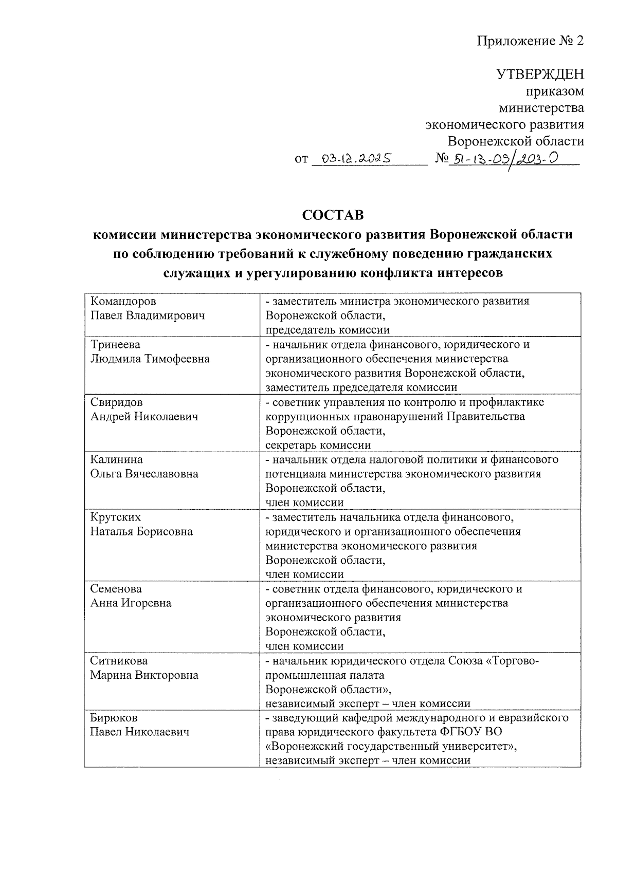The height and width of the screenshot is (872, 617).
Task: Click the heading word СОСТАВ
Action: click(333, 215)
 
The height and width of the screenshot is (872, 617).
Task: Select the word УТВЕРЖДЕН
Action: click(540, 75)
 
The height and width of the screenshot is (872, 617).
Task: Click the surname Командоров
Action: click(123, 301)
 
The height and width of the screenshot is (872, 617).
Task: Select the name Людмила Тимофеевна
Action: click(150, 359)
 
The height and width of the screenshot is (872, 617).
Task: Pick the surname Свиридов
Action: click(117, 402)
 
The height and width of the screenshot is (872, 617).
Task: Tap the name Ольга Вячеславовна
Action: click(144, 474)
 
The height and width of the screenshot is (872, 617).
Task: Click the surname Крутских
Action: click(116, 517)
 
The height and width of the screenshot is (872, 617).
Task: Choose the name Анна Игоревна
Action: click(131, 603)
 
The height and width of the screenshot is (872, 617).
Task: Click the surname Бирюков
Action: click(114, 718)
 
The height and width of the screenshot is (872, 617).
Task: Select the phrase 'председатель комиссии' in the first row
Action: click(328, 330)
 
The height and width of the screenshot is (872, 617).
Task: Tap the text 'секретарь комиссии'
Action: click(318, 445)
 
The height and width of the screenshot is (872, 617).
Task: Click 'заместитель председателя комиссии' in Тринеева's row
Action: click(361, 387)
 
